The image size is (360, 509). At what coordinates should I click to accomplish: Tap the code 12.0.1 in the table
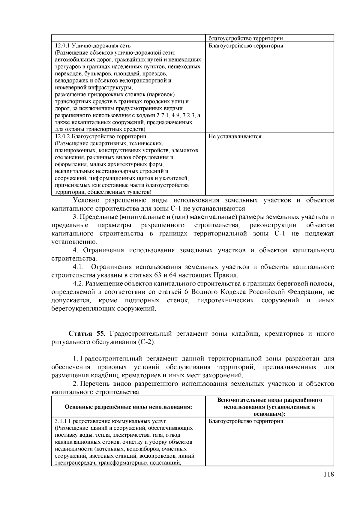[62, 46]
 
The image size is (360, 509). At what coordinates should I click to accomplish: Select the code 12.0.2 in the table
[62, 136]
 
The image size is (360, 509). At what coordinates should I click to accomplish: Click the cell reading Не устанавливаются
[235, 136]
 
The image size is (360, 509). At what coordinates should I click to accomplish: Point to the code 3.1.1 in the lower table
[61, 421]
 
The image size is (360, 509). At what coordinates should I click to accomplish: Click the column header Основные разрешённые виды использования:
[128, 407]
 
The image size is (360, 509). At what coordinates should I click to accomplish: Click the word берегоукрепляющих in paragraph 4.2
[86, 309]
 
